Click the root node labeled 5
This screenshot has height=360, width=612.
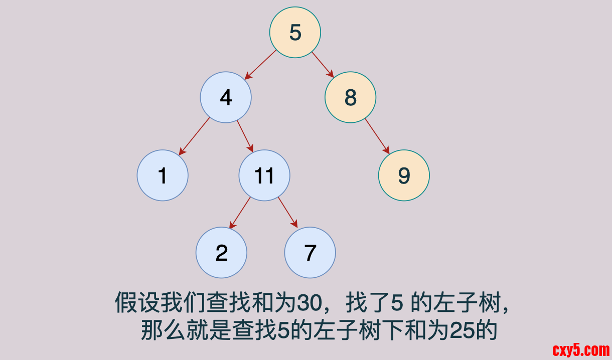pos(295,33)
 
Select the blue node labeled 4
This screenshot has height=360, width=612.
pos(226,97)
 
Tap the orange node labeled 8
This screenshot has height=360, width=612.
pos(350,97)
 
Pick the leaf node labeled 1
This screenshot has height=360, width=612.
pos(163,175)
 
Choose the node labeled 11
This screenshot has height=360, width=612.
pos(264,175)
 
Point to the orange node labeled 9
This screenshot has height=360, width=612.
pos(404,175)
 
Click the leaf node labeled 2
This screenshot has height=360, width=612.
pos(221,253)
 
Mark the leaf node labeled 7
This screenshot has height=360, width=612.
pos(310,253)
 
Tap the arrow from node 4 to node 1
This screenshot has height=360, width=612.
pos(195,136)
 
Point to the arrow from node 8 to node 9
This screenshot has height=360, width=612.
pos(377,136)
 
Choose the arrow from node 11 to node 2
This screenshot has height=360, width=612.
pos(240,213)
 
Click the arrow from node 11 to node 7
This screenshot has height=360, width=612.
pos(288,213)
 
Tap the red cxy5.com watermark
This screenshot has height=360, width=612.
pos(581,350)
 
